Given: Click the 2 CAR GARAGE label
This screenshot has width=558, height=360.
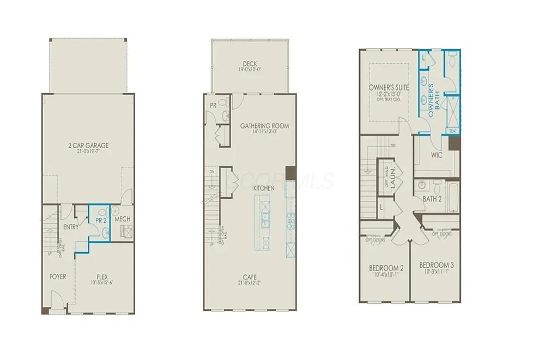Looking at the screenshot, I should click(x=88, y=145).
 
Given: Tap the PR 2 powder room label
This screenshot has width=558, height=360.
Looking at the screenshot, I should click(x=99, y=219).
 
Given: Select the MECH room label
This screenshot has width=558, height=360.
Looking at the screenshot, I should click(x=122, y=219).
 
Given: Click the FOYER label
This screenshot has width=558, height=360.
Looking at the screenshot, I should click(x=57, y=277).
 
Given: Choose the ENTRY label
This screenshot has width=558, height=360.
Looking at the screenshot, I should click(x=71, y=227).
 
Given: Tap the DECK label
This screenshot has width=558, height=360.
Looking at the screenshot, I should click(x=250, y=64).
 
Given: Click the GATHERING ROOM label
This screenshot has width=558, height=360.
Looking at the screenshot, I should click(x=264, y=126).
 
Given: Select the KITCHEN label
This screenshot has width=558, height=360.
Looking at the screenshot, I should click(x=264, y=188).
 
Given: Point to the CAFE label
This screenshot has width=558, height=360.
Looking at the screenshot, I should click(x=250, y=277).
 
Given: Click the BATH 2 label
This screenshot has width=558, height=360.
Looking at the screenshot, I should click(x=432, y=199).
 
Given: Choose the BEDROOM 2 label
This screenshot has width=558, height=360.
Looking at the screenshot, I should click(x=386, y=268).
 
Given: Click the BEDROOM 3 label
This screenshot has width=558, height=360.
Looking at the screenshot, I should click(x=436, y=265).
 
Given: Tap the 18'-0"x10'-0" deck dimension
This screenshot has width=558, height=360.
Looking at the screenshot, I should click(x=250, y=70).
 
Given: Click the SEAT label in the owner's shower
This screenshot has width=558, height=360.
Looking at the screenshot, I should click(x=452, y=131).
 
